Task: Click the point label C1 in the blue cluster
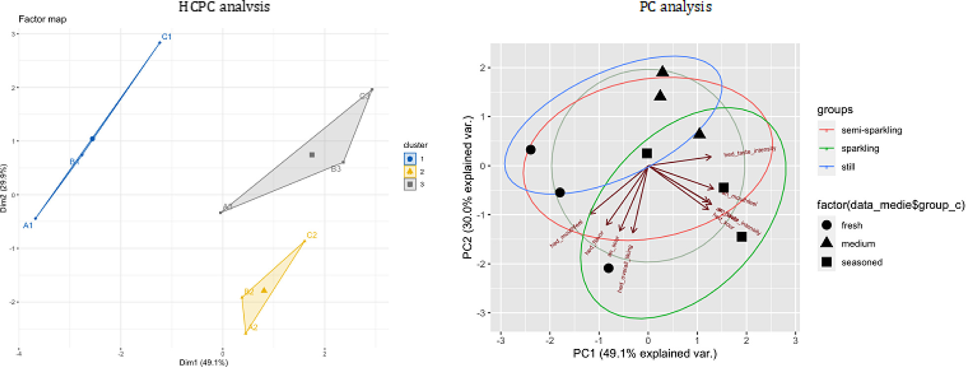pos(167,36)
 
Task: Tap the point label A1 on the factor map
pos(28,226)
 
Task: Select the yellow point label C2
pos(312,235)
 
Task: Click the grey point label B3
pos(336,169)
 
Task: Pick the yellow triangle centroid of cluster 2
pos(264,290)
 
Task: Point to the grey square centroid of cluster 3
pos(312,155)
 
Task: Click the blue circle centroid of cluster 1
pos(92,139)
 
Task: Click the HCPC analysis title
pos(224,7)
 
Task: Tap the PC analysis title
pos(675,7)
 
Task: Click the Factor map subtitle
pos(42,19)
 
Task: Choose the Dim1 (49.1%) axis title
pos(203,363)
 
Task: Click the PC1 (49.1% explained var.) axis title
pos(645,354)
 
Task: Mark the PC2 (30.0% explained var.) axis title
pos(467,187)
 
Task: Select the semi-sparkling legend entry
pos(871,130)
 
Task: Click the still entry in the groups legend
pos(847,167)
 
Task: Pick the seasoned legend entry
pos(861,263)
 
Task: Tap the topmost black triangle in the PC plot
pos(663,72)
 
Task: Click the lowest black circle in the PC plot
pos(608,268)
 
